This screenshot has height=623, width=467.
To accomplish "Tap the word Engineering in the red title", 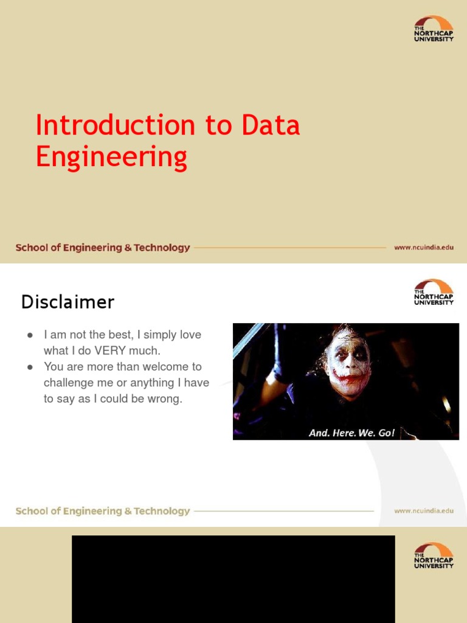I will pyautogui.click(x=111, y=157).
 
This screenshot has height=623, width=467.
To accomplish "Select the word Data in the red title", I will pyautogui.click(x=271, y=125).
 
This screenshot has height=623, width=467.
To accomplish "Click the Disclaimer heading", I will pyautogui.click(x=67, y=302).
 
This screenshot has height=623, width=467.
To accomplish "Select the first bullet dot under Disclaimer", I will pyautogui.click(x=29, y=335).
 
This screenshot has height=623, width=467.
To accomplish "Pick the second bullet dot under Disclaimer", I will pyautogui.click(x=29, y=367).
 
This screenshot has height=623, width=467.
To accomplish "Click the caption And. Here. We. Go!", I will pyautogui.click(x=351, y=433).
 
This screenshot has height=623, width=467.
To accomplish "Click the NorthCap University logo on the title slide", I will pyautogui.click(x=433, y=29).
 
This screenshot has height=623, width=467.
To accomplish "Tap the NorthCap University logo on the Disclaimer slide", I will pyautogui.click(x=433, y=292).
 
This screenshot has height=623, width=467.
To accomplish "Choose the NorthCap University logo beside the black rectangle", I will pyautogui.click(x=433, y=555).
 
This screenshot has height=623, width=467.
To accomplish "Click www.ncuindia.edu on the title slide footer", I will pyautogui.click(x=424, y=248).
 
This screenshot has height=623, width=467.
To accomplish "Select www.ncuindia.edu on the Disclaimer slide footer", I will pyautogui.click(x=424, y=511).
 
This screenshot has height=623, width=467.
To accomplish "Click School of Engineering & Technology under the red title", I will pyautogui.click(x=103, y=248).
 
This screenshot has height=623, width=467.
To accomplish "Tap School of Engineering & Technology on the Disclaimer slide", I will pyautogui.click(x=103, y=511).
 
